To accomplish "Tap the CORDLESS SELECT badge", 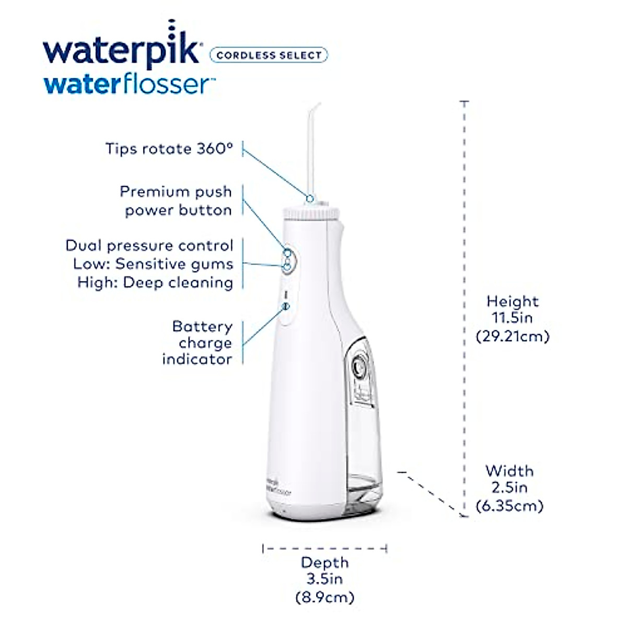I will point(269,55).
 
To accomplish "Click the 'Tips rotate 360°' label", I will point(169,149).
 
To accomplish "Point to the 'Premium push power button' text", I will point(176,201).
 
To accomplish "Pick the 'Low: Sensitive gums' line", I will point(153,264).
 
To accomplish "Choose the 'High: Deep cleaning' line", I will point(155,283).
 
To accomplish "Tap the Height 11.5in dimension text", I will point(513,309).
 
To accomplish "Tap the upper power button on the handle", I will point(287,253).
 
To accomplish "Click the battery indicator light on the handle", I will point(286,307).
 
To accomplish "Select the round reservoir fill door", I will point(359,367).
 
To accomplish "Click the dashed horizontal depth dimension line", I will point(324,548).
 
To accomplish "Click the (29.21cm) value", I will point(513,336).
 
